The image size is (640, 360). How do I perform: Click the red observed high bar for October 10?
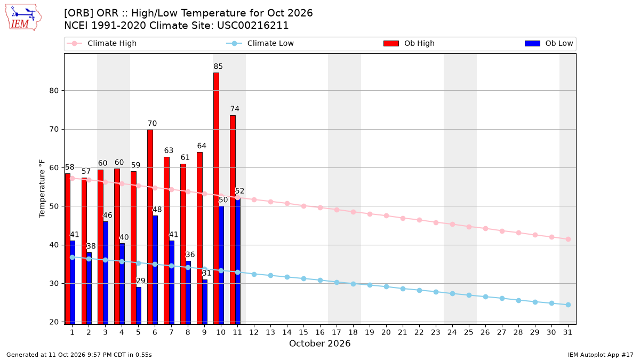click(217, 198)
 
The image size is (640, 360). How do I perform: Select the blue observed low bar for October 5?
click(139, 306)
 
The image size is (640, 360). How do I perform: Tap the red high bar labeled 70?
click(150, 227)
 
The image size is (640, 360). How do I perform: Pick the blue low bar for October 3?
click(106, 273)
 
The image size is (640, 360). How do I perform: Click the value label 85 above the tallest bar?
click(218, 67)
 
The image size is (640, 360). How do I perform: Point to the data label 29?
click(141, 281)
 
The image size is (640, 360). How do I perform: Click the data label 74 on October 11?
click(235, 109)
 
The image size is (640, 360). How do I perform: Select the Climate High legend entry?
click(102, 43)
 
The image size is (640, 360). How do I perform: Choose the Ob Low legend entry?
click(549, 43)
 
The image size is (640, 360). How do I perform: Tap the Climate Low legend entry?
click(260, 43)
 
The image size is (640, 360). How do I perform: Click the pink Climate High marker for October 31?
click(568, 239)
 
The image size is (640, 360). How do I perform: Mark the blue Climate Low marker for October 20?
click(386, 286)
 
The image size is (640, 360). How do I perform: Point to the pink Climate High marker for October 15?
click(303, 206)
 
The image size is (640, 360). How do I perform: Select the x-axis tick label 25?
click(469, 333)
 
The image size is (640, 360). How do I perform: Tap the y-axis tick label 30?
click(54, 283)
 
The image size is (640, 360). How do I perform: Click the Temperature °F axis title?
click(42, 189)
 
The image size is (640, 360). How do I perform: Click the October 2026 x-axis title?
click(319, 343)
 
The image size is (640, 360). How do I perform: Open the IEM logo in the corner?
click(23, 18)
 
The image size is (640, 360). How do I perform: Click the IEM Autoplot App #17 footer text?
click(601, 355)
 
